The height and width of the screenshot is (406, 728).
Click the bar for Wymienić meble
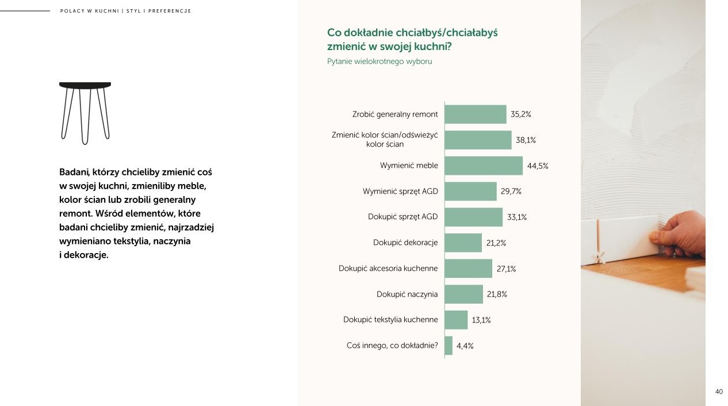tap(484, 166)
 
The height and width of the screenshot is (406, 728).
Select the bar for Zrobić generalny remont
tap(476, 114)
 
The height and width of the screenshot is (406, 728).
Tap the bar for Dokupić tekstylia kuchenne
tap(457, 320)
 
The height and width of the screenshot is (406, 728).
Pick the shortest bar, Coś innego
tap(449, 346)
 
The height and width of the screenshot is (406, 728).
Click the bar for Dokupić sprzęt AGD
tap(474, 217)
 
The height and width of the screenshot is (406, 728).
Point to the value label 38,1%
tap(526, 140)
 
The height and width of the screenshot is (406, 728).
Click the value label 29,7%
tap(511, 191)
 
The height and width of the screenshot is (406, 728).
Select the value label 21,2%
tap(496, 243)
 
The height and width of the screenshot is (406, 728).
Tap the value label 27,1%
tap(506, 269)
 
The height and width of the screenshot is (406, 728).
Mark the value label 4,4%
tap(465, 346)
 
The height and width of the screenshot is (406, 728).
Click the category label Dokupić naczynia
tap(407, 294)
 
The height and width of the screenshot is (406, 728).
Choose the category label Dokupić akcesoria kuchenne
tap(388, 269)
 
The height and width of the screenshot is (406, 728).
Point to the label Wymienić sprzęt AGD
tap(400, 191)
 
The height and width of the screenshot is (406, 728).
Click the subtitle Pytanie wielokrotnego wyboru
tap(380, 62)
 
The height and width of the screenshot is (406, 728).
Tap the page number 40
tap(719, 392)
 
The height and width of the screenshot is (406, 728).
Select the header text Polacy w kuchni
tap(89, 11)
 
